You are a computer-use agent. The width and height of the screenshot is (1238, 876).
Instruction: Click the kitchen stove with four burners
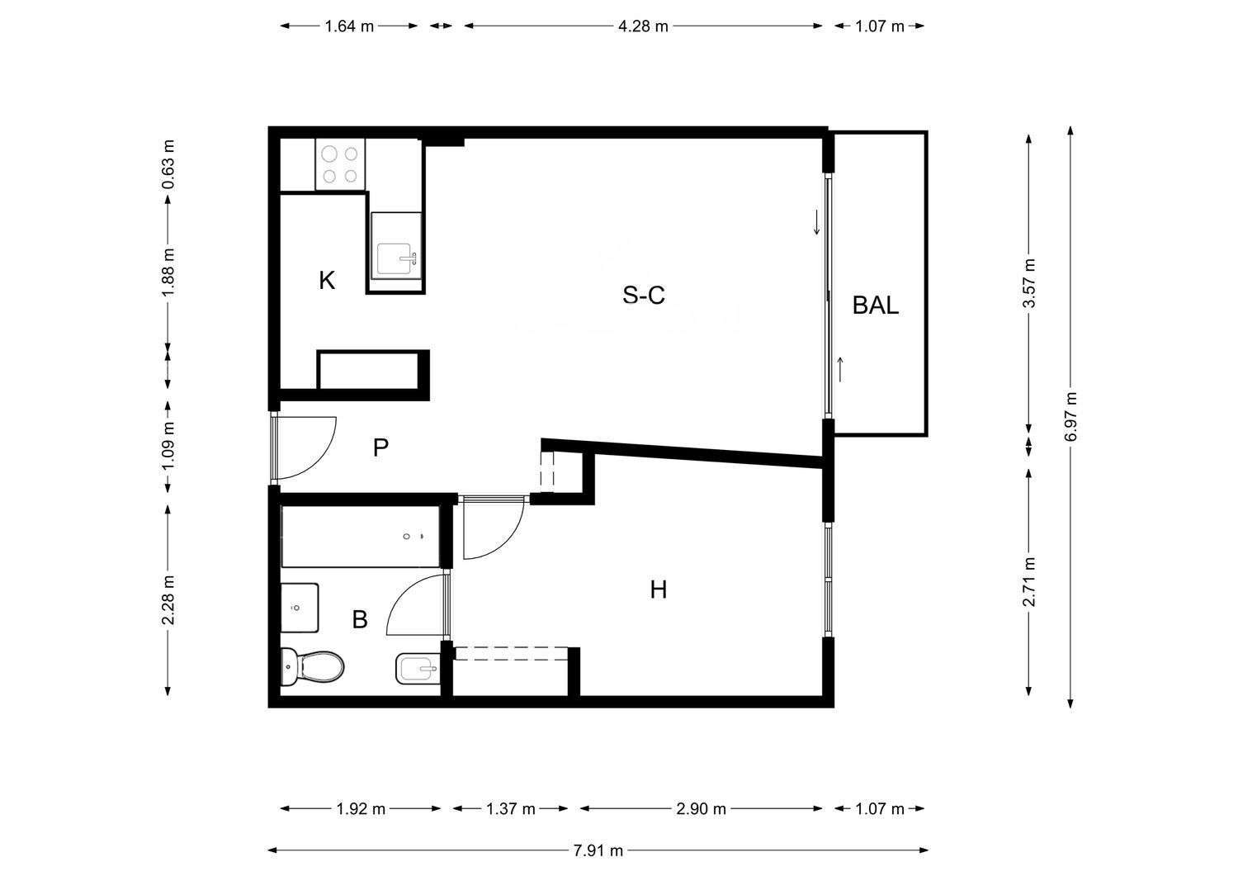(x=340, y=164)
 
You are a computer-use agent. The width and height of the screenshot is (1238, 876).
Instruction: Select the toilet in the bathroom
(x=312, y=667)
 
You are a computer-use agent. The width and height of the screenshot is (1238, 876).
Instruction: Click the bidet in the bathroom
(x=418, y=669)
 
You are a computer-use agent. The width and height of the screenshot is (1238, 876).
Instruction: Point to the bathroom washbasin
(x=299, y=608)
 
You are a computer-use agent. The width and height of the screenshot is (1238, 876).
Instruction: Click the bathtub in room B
(x=361, y=536)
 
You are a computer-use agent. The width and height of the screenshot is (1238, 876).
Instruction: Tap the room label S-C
(x=643, y=295)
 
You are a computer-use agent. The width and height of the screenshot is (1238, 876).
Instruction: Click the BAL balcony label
(x=876, y=305)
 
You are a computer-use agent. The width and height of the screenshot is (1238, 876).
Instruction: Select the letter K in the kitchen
(x=327, y=281)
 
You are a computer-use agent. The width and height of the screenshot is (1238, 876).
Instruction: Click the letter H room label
(x=659, y=590)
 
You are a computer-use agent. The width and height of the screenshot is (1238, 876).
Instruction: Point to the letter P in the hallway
(x=380, y=447)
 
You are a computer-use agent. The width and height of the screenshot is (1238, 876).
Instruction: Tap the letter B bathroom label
(x=360, y=619)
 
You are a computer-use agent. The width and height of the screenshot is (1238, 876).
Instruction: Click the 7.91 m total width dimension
(x=598, y=850)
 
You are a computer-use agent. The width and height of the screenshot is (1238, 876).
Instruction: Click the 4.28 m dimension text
(x=643, y=26)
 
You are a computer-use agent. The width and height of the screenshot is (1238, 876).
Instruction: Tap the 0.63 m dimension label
(x=168, y=164)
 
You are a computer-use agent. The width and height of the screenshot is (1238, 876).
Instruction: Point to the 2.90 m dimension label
(x=701, y=808)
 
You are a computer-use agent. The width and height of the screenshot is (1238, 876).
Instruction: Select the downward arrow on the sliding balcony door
(x=816, y=222)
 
